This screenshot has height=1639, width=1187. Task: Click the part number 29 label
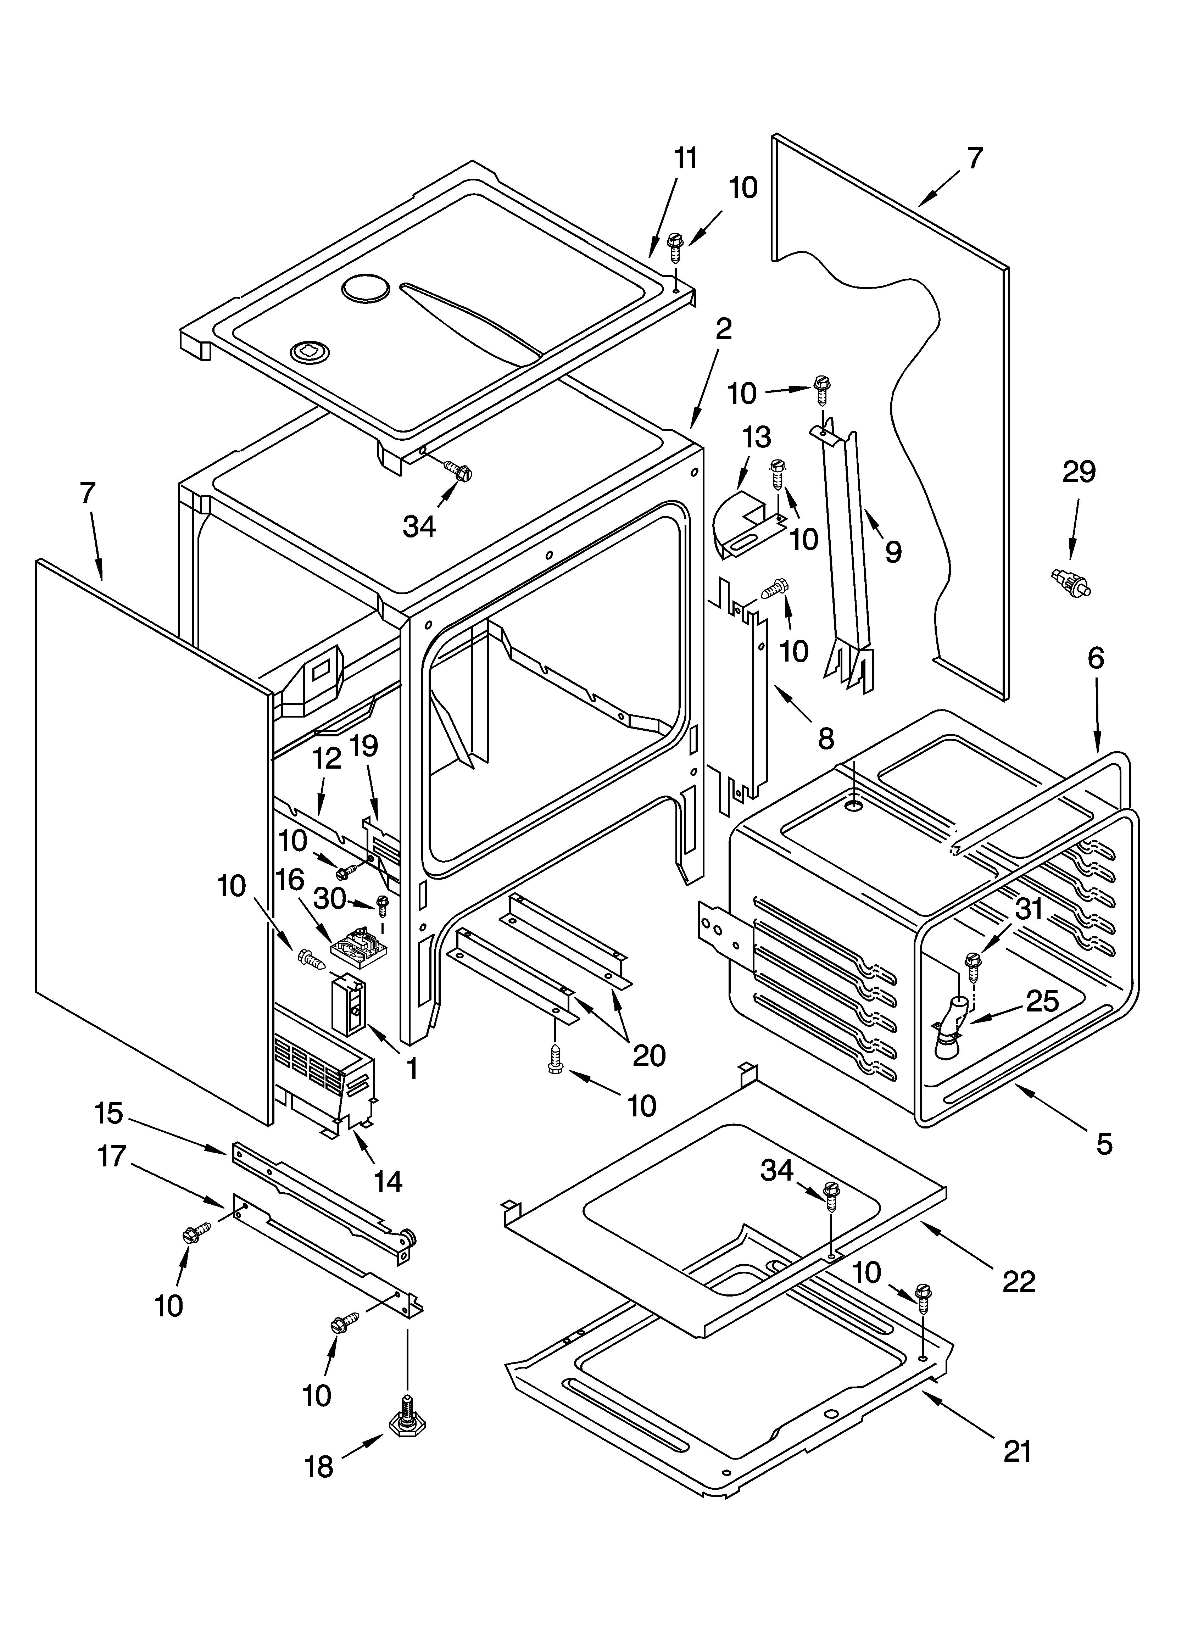pos(1079,472)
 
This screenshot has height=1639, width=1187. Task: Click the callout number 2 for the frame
pos(723,329)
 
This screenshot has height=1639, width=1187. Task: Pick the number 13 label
pos(756,437)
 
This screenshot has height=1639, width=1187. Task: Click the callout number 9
pos(893,552)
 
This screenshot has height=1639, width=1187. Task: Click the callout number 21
pos(1018,1450)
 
